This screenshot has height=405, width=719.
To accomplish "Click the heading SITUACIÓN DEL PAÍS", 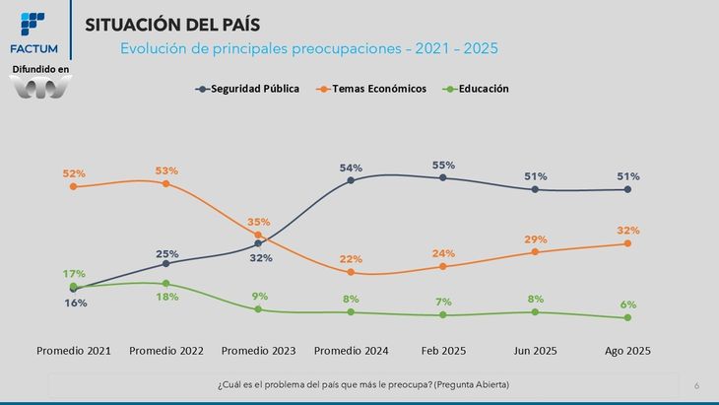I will pyautogui.click(x=177, y=25).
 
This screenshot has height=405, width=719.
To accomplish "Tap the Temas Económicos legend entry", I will pyautogui.click(x=371, y=89).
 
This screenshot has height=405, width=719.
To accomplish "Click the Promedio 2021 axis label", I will pyautogui.click(x=74, y=351).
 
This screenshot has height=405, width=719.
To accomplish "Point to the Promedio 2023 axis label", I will pyautogui.click(x=258, y=351).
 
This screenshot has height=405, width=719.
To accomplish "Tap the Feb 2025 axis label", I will pyautogui.click(x=442, y=351).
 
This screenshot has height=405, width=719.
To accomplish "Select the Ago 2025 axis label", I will pyautogui.click(x=627, y=351).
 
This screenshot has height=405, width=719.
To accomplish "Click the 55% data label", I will pyautogui.click(x=442, y=165).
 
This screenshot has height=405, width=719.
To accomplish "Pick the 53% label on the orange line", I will pyautogui.click(x=166, y=170).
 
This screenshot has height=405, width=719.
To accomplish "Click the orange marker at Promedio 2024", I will pyautogui.click(x=351, y=273).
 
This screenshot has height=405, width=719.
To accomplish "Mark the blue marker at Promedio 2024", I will pyautogui.click(x=351, y=180).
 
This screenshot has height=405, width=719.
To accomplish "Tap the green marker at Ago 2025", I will pyautogui.click(x=627, y=317).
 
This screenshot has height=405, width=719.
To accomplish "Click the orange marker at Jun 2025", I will pyautogui.click(x=535, y=252).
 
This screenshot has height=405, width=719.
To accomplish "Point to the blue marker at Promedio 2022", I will pyautogui.click(x=166, y=263).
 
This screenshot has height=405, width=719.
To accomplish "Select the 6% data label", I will pyautogui.click(x=627, y=304).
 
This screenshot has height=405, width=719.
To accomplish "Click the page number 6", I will pyautogui.click(x=696, y=385).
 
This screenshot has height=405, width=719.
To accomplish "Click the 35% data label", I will pyautogui.click(x=258, y=222).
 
